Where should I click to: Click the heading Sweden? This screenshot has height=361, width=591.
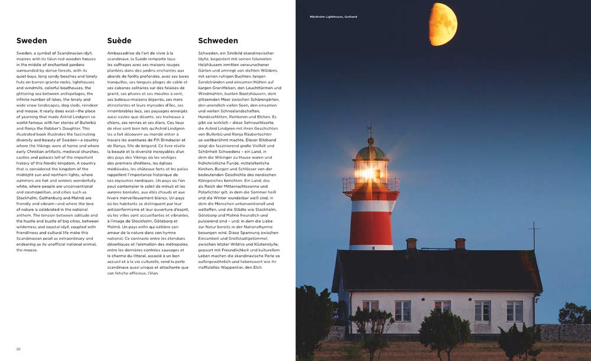[x=32, y=41]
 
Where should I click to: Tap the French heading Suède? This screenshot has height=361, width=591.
[x=119, y=41]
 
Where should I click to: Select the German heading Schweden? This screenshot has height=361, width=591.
[x=218, y=41]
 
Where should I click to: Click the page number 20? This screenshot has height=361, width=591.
[x=18, y=349]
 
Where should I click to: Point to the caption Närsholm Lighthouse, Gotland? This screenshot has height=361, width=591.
[x=333, y=17]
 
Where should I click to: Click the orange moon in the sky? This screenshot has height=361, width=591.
[x=443, y=24]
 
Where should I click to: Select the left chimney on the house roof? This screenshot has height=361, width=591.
[x=411, y=243]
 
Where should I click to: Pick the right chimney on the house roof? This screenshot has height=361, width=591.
[x=460, y=243]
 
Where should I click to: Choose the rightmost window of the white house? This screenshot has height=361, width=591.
[x=514, y=311]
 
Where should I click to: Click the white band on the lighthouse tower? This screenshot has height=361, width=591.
[x=371, y=206]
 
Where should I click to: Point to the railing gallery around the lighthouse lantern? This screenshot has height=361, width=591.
[x=371, y=185]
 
